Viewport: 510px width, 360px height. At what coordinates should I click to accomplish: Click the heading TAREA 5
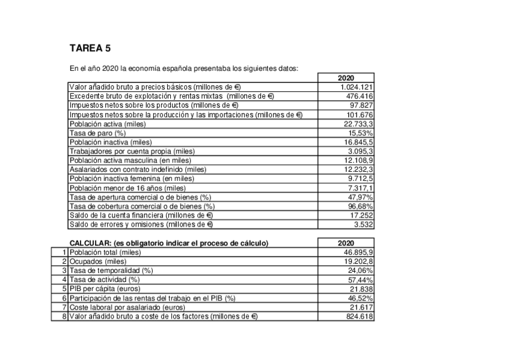pos(90,49)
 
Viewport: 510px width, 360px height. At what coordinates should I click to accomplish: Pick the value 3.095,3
pos(360,151)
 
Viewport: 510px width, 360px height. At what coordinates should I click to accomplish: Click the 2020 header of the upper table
pos(346,78)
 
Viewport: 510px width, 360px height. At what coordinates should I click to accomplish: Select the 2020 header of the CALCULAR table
pos(346,243)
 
